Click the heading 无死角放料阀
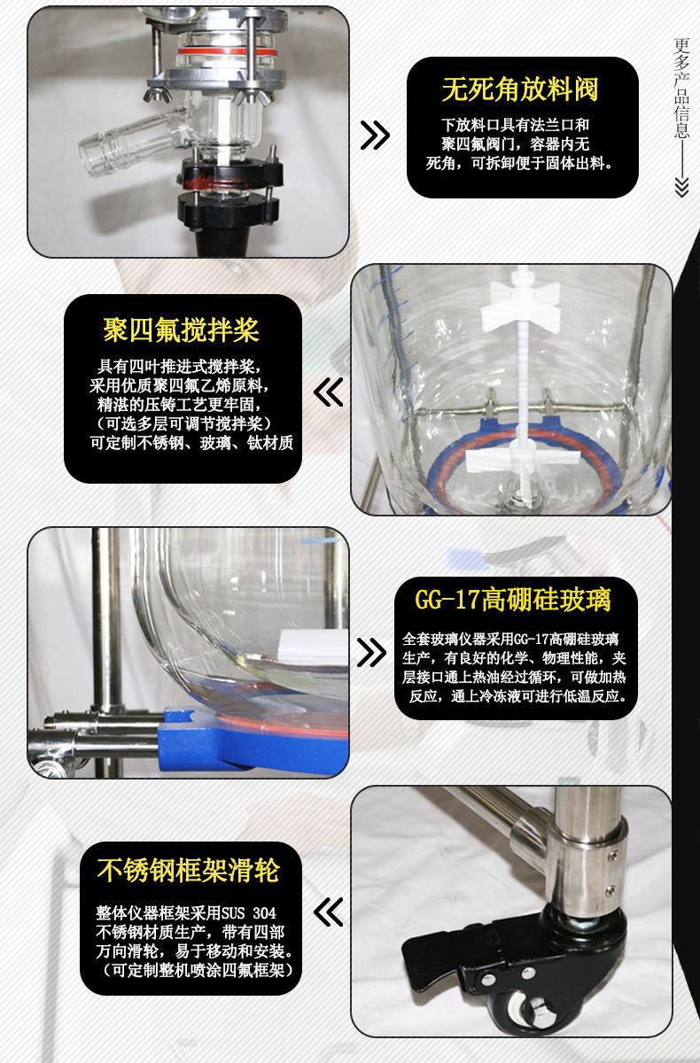520,89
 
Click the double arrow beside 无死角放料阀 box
375,136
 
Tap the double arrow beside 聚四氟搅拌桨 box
329,392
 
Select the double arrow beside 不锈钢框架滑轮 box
329,910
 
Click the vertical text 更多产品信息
681,89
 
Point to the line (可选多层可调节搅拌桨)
182,424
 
